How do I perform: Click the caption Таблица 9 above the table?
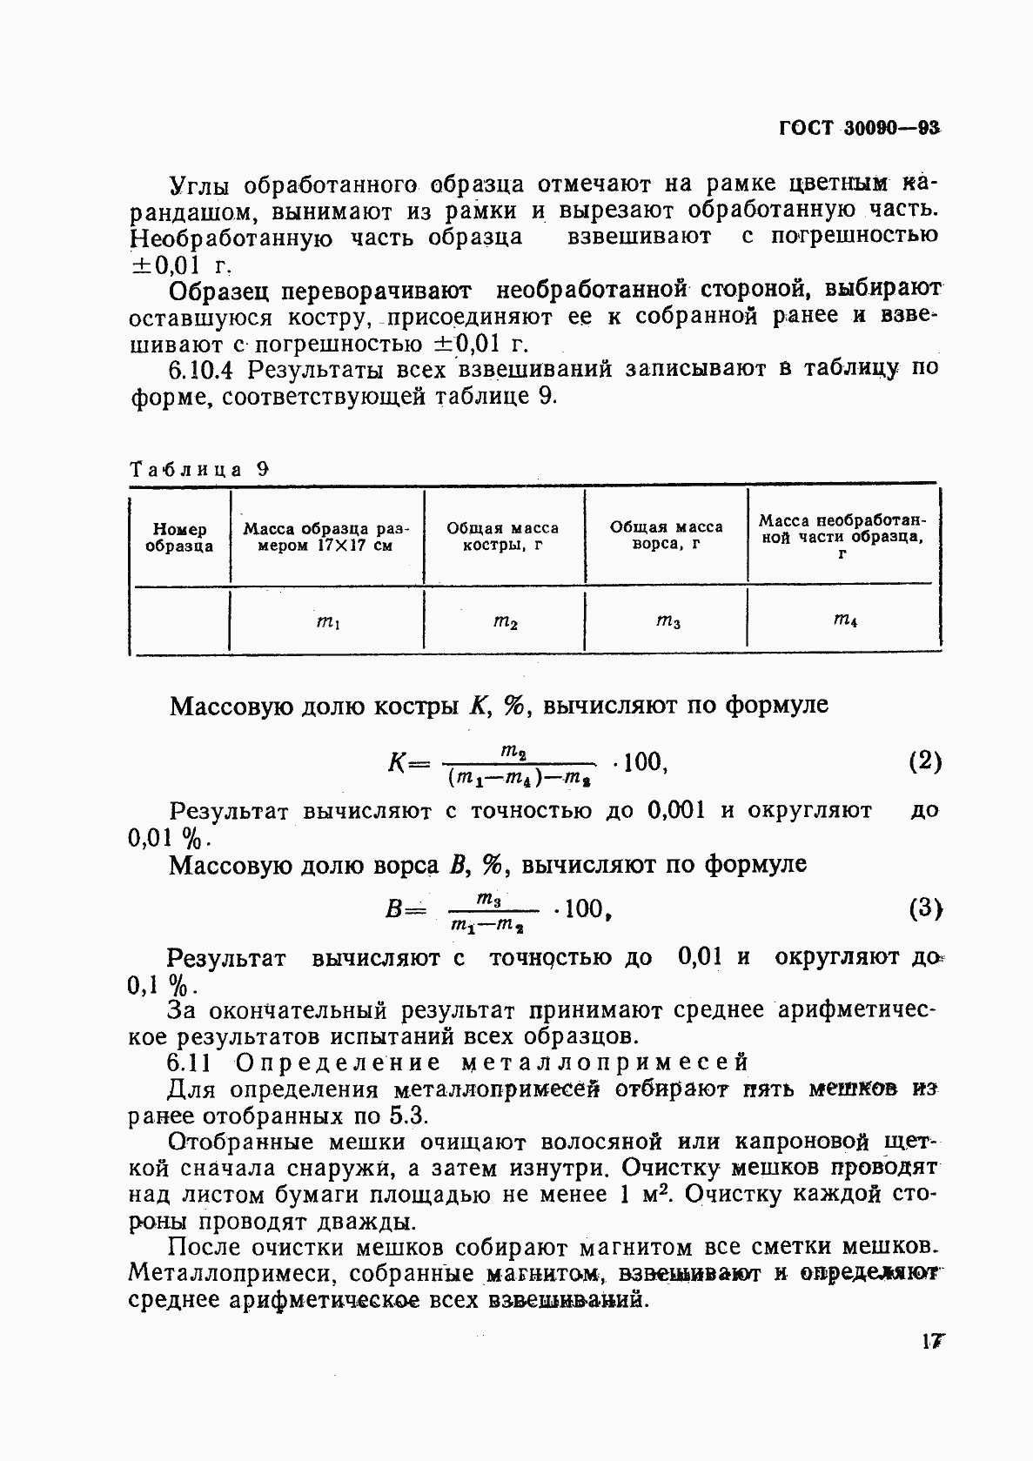pyautogui.click(x=199, y=469)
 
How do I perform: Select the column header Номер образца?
pyautogui.click(x=179, y=538)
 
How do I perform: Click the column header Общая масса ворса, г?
pyautogui.click(x=666, y=535)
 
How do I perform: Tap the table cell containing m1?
pyautogui.click(x=327, y=621)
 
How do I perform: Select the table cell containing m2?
pyautogui.click(x=506, y=621)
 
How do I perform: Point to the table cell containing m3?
pyautogui.click(x=667, y=620)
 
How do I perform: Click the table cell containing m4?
pyautogui.click(x=845, y=620)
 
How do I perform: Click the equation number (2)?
pyautogui.click(x=924, y=762)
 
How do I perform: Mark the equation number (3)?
pyautogui.click(x=925, y=909)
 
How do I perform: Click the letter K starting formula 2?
pyautogui.click(x=396, y=764)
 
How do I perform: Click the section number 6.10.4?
pyautogui.click(x=202, y=370)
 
